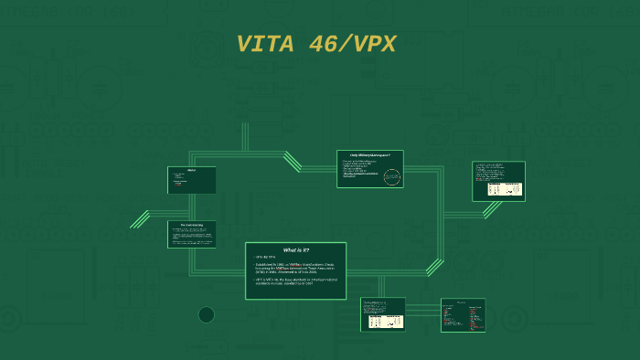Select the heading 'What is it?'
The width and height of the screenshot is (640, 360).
[295, 249]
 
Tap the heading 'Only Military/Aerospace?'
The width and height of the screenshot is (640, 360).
[369, 155]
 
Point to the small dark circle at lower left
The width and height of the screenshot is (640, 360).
[207, 315]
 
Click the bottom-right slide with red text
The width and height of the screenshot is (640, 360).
[463, 315]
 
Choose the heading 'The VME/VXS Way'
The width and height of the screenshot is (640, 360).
[192, 226]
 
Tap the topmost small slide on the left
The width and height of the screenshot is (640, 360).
[192, 180]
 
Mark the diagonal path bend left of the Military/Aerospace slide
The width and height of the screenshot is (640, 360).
[293, 162]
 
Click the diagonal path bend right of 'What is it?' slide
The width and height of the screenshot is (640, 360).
[434, 267]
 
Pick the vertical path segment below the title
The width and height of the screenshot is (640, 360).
[244, 137]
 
